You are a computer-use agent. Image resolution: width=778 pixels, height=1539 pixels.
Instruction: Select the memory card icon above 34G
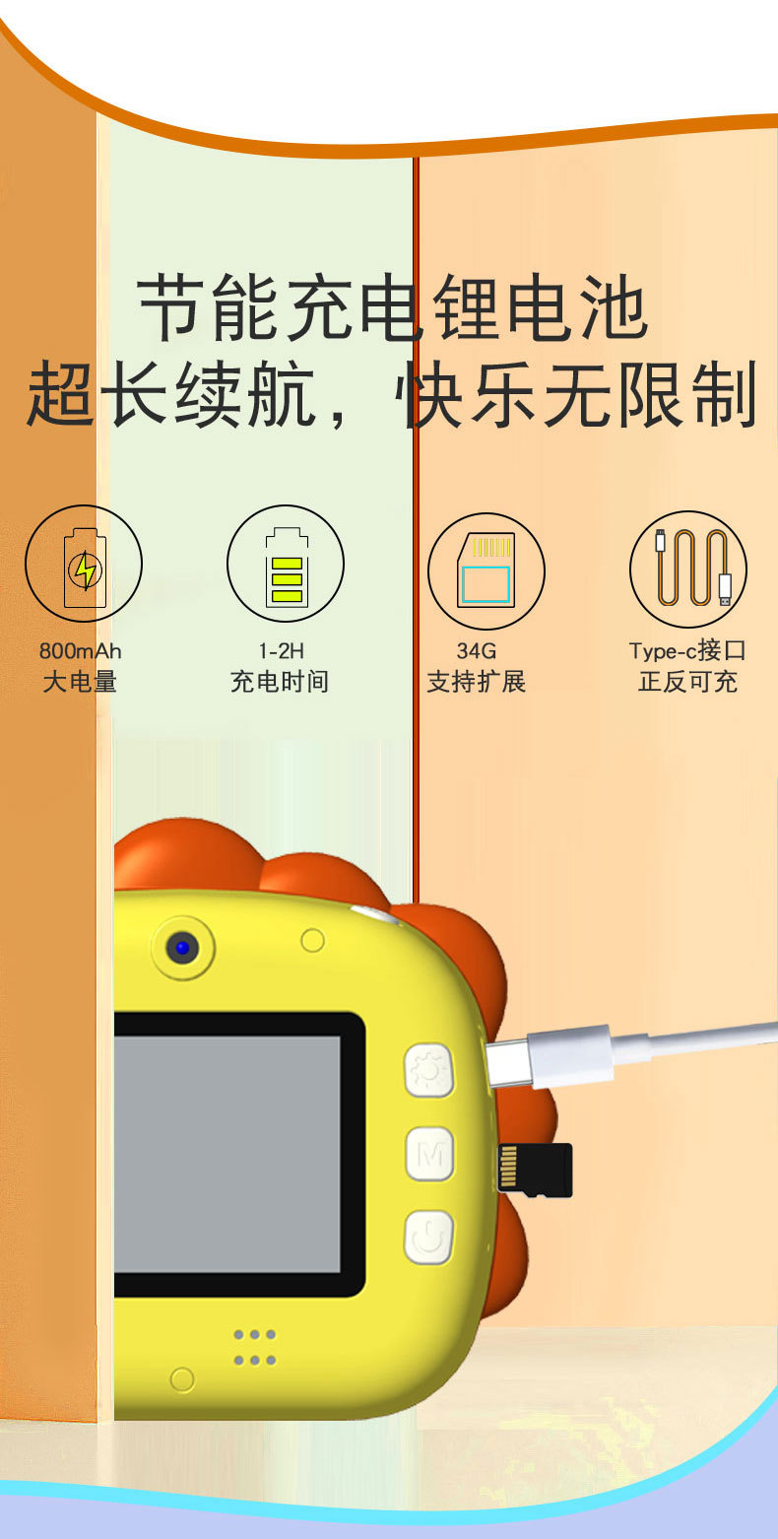pyautogui.click(x=486, y=570)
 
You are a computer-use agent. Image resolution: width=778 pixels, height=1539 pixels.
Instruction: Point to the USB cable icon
pyautogui.click(x=688, y=569)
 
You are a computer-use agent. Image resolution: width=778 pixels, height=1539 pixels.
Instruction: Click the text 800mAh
pyautogui.click(x=81, y=651)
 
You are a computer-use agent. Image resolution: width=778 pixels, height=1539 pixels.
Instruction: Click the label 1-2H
pyautogui.click(x=282, y=651)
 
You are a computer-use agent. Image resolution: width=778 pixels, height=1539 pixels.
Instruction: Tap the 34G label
pyautogui.click(x=477, y=651)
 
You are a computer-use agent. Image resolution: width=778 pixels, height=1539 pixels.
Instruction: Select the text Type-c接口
pyautogui.click(x=687, y=651)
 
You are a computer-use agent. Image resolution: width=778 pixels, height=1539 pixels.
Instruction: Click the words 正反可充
pyautogui.click(x=687, y=682)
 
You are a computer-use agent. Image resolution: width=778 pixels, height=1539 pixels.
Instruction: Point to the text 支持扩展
pyautogui.click(x=477, y=682)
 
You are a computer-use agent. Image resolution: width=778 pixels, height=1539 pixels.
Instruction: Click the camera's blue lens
pyautogui.click(x=182, y=949)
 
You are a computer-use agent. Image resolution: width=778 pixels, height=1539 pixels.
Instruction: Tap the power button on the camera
pyautogui.click(x=429, y=1237)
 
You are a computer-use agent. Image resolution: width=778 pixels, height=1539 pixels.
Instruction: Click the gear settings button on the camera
pyautogui.click(x=429, y=1070)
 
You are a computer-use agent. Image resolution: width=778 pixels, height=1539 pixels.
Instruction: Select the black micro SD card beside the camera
pyautogui.click(x=535, y=1170)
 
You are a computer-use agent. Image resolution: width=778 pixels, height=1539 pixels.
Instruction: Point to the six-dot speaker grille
pyautogui.click(x=254, y=1347)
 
